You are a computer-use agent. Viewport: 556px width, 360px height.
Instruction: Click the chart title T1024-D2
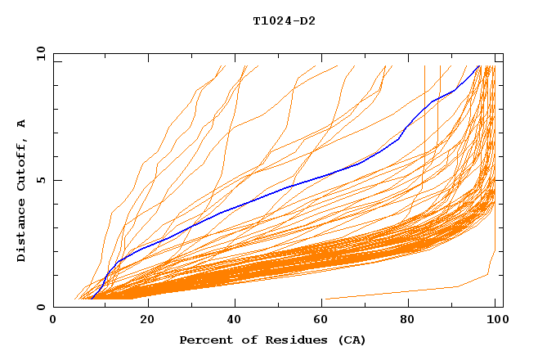[x=284, y=21]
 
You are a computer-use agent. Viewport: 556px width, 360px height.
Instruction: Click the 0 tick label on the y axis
[x=40, y=308]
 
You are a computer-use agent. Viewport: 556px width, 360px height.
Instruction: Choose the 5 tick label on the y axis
[x=40, y=181]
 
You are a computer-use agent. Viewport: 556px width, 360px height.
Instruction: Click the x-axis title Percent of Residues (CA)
[x=272, y=340]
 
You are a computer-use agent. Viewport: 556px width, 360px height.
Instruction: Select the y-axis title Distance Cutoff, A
[x=22, y=191]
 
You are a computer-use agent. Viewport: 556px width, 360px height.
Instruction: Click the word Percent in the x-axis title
[x=203, y=340]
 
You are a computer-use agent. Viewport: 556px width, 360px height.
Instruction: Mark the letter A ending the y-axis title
[x=22, y=124]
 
